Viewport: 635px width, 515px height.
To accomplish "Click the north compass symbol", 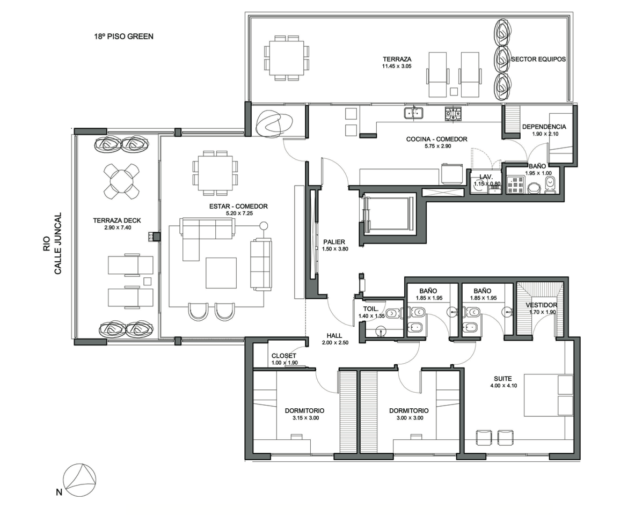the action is point(80,480).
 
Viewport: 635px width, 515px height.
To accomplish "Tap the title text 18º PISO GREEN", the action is point(124,36).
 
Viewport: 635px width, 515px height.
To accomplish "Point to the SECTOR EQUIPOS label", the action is point(538,59).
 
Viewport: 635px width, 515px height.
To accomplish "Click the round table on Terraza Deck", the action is point(120,181).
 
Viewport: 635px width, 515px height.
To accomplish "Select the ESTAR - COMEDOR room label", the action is point(238,206).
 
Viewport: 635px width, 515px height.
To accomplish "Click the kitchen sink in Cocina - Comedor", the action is point(413,113).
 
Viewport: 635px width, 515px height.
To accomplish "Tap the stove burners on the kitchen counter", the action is point(454,115).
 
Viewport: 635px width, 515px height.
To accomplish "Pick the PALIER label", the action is point(334,242).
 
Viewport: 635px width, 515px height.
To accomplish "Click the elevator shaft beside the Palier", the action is point(389,214).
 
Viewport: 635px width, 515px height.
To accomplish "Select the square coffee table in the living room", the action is point(221,273).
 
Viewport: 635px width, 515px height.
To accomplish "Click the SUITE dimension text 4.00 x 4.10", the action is point(503,386).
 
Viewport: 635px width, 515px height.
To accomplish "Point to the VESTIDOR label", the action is point(542,305).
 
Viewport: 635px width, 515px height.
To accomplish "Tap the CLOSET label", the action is point(284,356).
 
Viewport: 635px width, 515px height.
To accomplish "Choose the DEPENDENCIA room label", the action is point(544,127).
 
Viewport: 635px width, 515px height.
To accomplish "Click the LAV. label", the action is point(486,177).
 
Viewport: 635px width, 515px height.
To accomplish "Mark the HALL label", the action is point(334,336).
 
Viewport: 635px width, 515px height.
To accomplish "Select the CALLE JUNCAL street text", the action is point(58,244).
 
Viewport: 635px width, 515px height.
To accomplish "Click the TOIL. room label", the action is point(370,309).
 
